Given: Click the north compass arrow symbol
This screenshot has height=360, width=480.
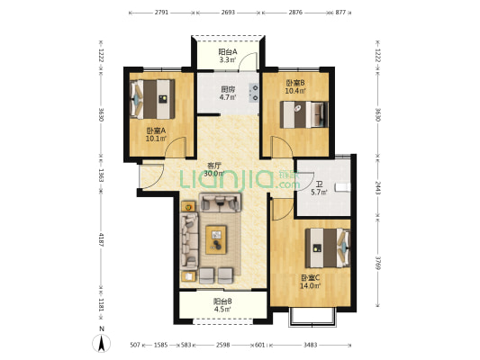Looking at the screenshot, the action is [x=102, y=343].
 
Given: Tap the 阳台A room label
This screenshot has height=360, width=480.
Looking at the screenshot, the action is [x=228, y=52].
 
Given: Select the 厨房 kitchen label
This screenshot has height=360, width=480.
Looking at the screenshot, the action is [x=228, y=90].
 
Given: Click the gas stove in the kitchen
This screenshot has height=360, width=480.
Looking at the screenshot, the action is [x=254, y=93].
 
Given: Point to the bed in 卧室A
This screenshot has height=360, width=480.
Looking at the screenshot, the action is [x=152, y=99].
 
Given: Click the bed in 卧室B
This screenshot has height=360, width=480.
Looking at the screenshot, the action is [x=304, y=114].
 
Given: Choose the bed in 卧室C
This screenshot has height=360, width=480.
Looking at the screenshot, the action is [x=328, y=247].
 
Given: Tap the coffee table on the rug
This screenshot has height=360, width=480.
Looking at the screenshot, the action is [x=216, y=239].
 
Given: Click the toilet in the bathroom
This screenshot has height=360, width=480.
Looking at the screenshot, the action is [x=342, y=187].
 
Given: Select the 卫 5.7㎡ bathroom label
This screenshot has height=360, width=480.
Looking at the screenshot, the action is [x=320, y=188].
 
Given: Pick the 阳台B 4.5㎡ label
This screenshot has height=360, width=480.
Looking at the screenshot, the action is [x=222, y=305].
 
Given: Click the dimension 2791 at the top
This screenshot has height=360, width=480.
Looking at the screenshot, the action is [x=161, y=13].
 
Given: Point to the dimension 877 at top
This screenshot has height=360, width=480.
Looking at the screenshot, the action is [x=340, y=13].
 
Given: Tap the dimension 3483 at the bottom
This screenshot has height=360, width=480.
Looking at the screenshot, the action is [x=310, y=345].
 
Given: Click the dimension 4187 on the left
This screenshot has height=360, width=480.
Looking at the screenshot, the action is [x=101, y=239].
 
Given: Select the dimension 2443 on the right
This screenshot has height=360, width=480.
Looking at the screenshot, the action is [x=377, y=187].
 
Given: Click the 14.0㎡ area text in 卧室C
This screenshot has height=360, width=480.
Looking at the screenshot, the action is [x=310, y=286].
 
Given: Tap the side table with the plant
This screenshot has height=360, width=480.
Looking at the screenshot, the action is [x=188, y=207].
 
